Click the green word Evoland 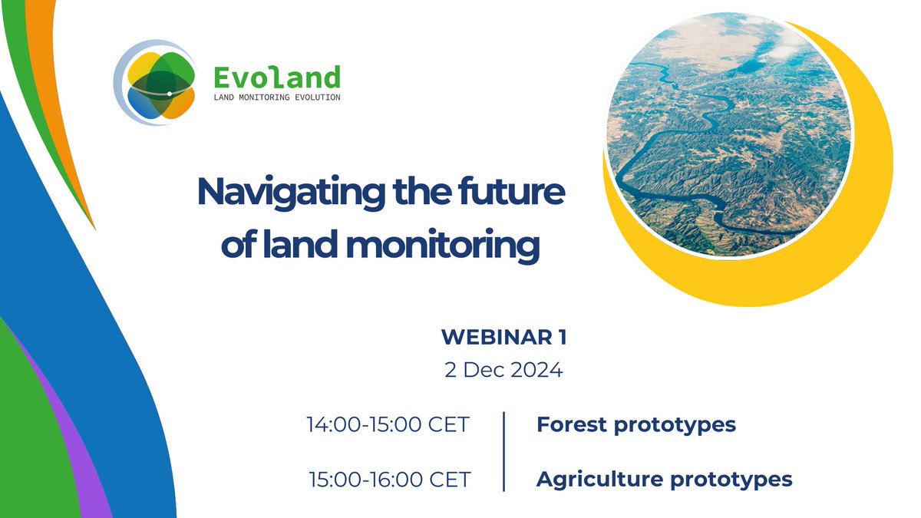276,77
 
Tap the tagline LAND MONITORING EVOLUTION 276,97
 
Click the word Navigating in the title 289,193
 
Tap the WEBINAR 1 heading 503,337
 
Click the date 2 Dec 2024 503,370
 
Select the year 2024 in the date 535,370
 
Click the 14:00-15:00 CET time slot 388,424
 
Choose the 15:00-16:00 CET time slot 389,480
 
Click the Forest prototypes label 635,424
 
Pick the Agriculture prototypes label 664,480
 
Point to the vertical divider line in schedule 504,451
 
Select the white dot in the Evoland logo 169,94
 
